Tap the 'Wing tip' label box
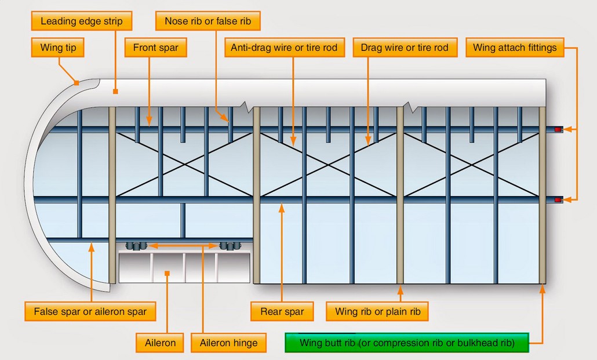[x=59, y=48]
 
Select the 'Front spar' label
[x=156, y=48]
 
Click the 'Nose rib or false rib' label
[x=208, y=22]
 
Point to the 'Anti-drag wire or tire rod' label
[x=284, y=48]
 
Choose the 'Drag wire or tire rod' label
[x=404, y=48]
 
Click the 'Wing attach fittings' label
[x=514, y=48]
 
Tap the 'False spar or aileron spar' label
[x=90, y=311]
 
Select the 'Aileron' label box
[x=160, y=343]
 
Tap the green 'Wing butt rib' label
[x=406, y=343]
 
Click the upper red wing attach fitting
[x=559, y=129]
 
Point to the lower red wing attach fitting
[x=559, y=200]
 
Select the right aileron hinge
[x=230, y=246]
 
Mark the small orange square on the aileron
[x=166, y=272]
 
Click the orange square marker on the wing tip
[x=77, y=83]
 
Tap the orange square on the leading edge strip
[x=115, y=91]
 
